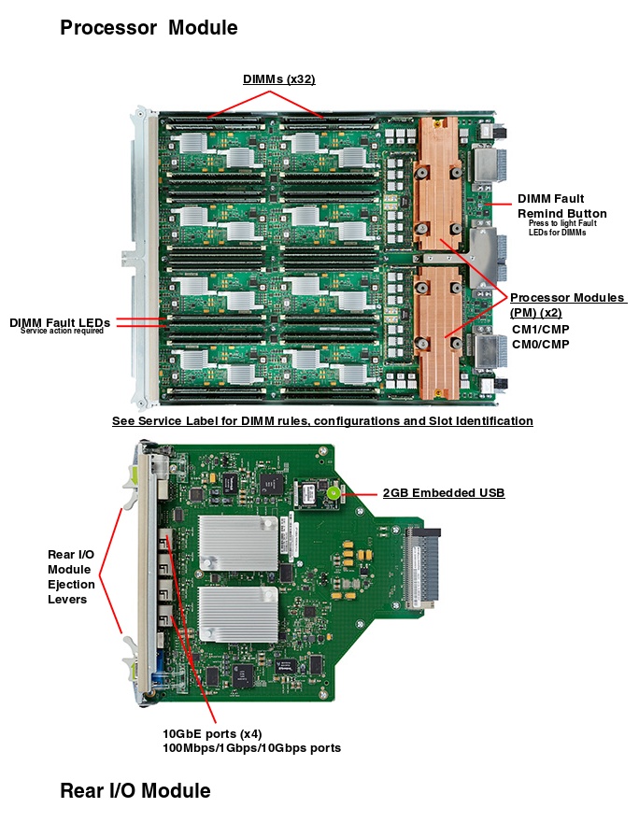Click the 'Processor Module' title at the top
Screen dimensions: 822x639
coord(149,28)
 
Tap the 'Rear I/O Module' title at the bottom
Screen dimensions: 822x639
coord(135,791)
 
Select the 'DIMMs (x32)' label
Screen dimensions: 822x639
coord(278,79)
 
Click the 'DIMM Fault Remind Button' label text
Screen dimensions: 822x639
coord(550,205)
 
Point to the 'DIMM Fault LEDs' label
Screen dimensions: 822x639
coord(60,323)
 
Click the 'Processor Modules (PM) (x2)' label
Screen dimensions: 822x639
coord(567,305)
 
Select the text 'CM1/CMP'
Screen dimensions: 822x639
coord(540,329)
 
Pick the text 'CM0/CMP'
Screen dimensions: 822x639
coord(540,345)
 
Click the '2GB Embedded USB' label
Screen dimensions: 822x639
coord(444,492)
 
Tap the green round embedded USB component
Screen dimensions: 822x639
coord(332,491)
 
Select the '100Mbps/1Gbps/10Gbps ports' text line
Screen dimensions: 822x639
coord(252,748)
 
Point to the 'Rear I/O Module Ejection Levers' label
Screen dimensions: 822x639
coord(71,577)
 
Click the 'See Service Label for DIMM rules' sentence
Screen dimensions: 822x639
coord(322,421)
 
